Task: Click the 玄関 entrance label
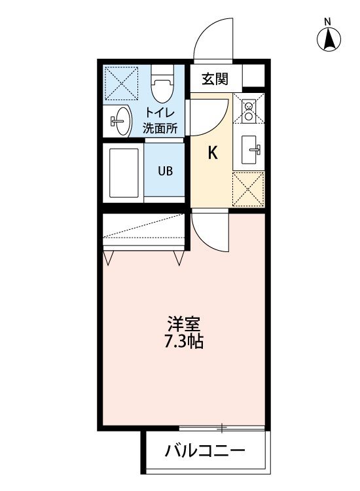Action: pos(214,79)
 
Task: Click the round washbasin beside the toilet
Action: pos(120,121)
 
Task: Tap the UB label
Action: pos(165,172)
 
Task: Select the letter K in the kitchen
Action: pos(212,154)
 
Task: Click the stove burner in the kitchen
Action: pos(249,111)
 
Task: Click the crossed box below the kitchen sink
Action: pos(249,189)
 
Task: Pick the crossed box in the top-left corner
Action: pos(122,82)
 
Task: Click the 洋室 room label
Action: pos(183,324)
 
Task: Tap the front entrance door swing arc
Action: pos(213,39)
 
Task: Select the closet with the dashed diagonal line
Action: pos(145,230)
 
